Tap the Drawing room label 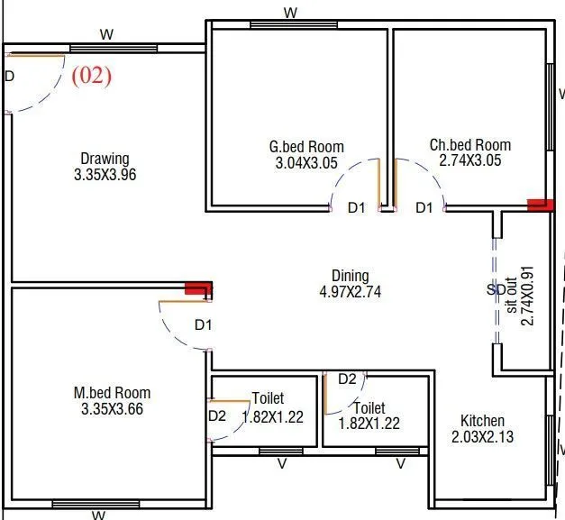[105, 159]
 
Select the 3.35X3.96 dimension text [105, 175]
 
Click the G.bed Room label [306, 147]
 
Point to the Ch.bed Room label [469, 145]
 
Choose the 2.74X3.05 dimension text [469, 160]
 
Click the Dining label [350, 276]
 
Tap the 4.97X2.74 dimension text [351, 292]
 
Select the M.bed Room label [112, 393]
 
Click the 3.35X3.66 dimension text [112, 409]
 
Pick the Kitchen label [482, 421]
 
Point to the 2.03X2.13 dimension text [482, 437]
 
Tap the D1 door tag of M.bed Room [203, 324]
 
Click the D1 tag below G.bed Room [357, 208]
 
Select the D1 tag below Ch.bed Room [424, 208]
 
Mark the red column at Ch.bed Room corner [540, 205]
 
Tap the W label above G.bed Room [290, 13]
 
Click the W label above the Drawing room [106, 35]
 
